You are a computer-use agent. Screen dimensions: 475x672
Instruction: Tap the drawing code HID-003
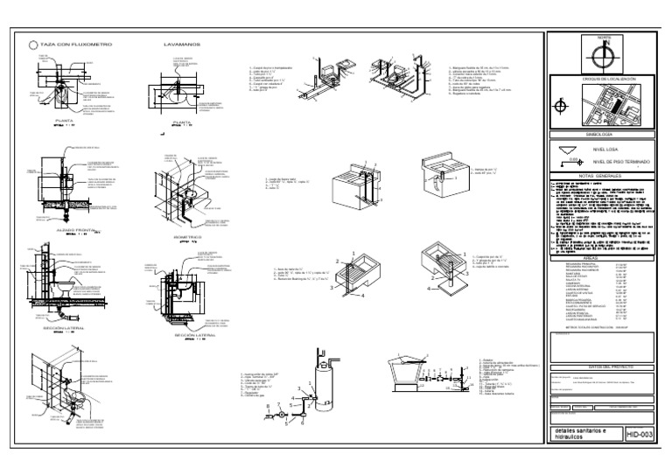tap(642, 433)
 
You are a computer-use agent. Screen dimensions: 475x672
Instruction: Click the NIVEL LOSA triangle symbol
tap(568, 150)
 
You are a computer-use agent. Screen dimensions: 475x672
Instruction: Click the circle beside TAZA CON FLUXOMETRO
tap(33, 44)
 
